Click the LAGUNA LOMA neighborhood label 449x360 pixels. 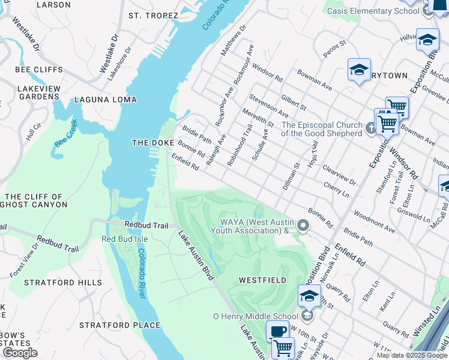(105, 100)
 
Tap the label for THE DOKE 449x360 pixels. (152, 143)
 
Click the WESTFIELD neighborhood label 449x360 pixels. (262, 280)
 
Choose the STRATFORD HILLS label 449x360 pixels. (55, 282)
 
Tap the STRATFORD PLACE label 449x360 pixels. (119, 325)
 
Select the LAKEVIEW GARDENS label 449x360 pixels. (39, 92)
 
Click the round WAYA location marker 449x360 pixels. (303, 226)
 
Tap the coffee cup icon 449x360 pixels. (277, 332)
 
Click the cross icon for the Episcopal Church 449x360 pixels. (371, 127)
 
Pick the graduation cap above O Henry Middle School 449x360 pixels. (309, 295)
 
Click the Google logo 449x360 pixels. (20, 353)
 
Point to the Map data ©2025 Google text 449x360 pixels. (411, 355)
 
